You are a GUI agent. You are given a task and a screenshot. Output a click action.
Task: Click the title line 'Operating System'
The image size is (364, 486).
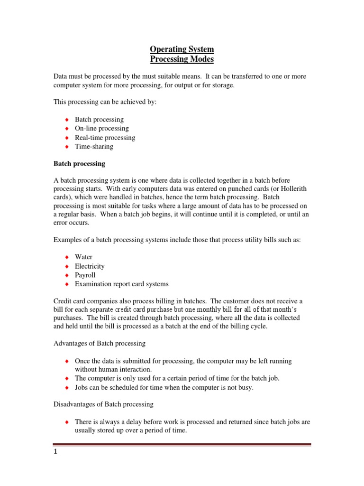pyautogui.click(x=182, y=49)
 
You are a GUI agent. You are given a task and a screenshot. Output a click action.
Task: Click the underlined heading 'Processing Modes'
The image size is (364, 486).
pyautogui.click(x=182, y=59)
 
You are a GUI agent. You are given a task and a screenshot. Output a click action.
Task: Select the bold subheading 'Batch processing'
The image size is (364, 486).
pyautogui.click(x=79, y=164)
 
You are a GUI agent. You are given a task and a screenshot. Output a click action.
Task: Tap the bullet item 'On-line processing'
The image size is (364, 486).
pyautogui.click(x=101, y=129)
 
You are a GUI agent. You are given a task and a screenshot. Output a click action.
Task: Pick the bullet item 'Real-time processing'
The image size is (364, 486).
pyautogui.click(x=105, y=138)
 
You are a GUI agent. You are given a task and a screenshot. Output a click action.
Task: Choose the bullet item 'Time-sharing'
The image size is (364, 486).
pyautogui.click(x=94, y=147)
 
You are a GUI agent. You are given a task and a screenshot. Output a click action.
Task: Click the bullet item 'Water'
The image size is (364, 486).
pyautogui.click(x=83, y=257)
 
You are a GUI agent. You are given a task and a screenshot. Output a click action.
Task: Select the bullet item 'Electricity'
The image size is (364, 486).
pyautogui.click(x=90, y=266)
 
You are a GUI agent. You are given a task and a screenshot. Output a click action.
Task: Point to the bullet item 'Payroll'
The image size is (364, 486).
pyautogui.click(x=85, y=275)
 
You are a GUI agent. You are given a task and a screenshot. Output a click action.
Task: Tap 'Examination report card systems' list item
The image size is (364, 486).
pyautogui.click(x=121, y=284)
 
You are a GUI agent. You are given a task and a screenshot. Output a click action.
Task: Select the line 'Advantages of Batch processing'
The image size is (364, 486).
pyautogui.click(x=100, y=343)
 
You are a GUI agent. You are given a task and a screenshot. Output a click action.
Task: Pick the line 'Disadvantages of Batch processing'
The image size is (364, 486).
pyautogui.click(x=103, y=404)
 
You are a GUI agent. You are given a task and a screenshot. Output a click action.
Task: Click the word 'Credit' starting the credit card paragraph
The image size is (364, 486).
pyautogui.click(x=63, y=301)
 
